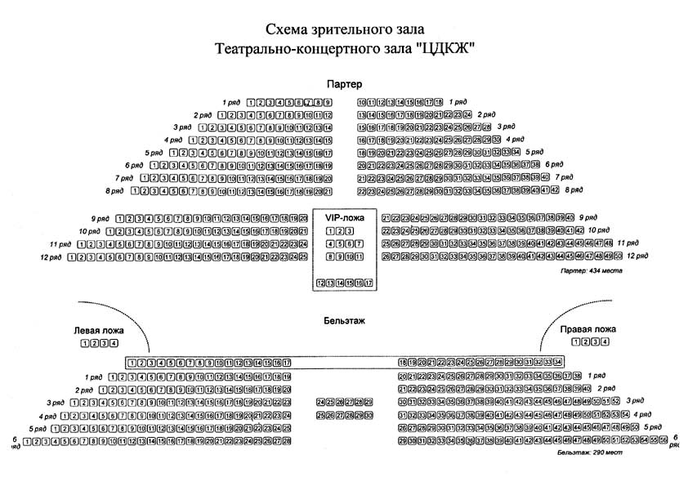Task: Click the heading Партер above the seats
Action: [343, 84]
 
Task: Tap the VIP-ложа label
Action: [343, 219]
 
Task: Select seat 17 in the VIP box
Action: [369, 283]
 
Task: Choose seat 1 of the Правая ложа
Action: [576, 344]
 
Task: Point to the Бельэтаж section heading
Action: [343, 322]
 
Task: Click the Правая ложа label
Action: [587, 329]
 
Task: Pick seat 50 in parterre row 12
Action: [617, 256]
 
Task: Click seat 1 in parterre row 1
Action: [250, 102]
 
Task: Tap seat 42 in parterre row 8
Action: [555, 190]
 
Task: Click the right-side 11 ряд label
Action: [628, 243]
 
